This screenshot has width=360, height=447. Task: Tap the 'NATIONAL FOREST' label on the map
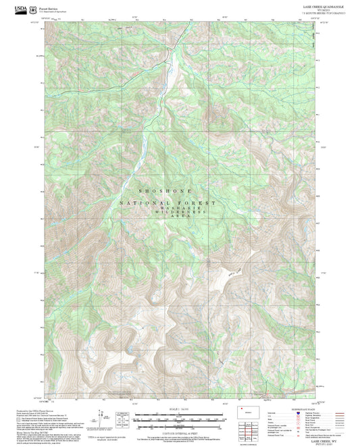[x=168, y=203]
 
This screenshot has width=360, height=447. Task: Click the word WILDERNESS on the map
[x=180, y=212]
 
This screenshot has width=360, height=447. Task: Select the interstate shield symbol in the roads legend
[x=311, y=413]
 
